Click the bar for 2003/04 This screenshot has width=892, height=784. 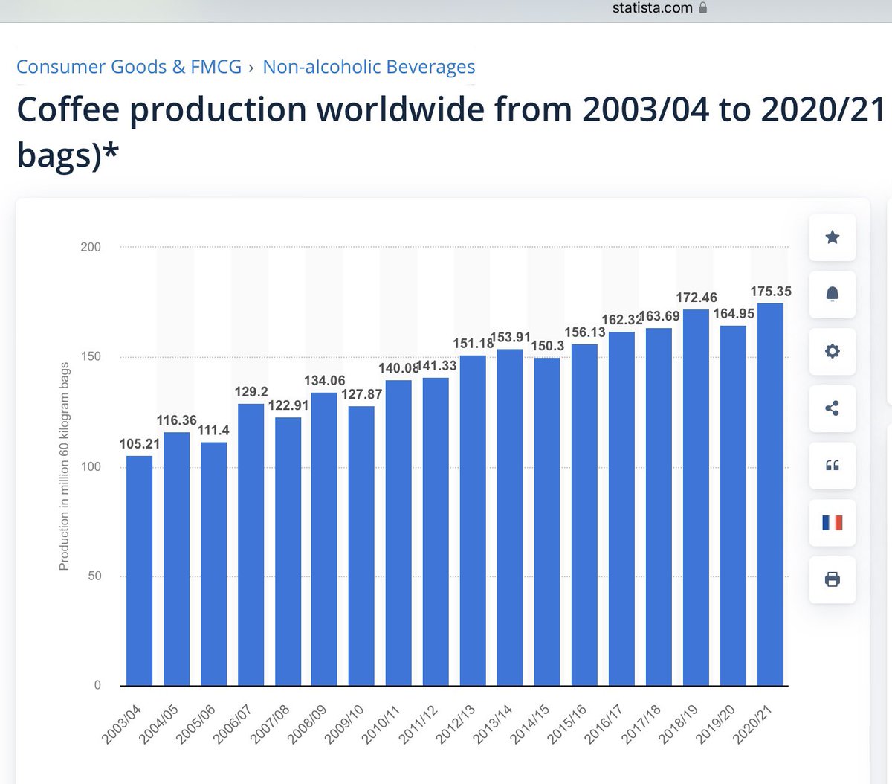tap(139, 570)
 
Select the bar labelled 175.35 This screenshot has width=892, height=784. tap(770, 494)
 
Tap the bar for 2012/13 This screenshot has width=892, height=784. tap(473, 520)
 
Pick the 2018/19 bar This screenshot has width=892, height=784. tap(696, 497)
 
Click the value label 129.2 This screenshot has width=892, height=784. tap(251, 392)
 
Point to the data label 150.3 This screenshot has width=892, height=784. tap(547, 346)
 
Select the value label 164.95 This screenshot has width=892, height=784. tap(734, 314)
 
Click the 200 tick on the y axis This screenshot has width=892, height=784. tap(91, 247)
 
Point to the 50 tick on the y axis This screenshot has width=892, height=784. tap(94, 576)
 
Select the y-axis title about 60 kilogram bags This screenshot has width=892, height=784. tap(65, 466)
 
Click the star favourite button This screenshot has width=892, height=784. tap(832, 237)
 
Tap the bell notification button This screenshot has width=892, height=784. tap(832, 295)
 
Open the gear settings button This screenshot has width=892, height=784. tap(832, 351)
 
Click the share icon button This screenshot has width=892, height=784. tap(832, 408)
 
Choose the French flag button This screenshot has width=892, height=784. tap(832, 523)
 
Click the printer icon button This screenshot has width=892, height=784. tap(832, 579)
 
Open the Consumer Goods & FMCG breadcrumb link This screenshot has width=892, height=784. tap(129, 67)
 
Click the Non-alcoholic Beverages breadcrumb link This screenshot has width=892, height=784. tap(369, 67)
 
